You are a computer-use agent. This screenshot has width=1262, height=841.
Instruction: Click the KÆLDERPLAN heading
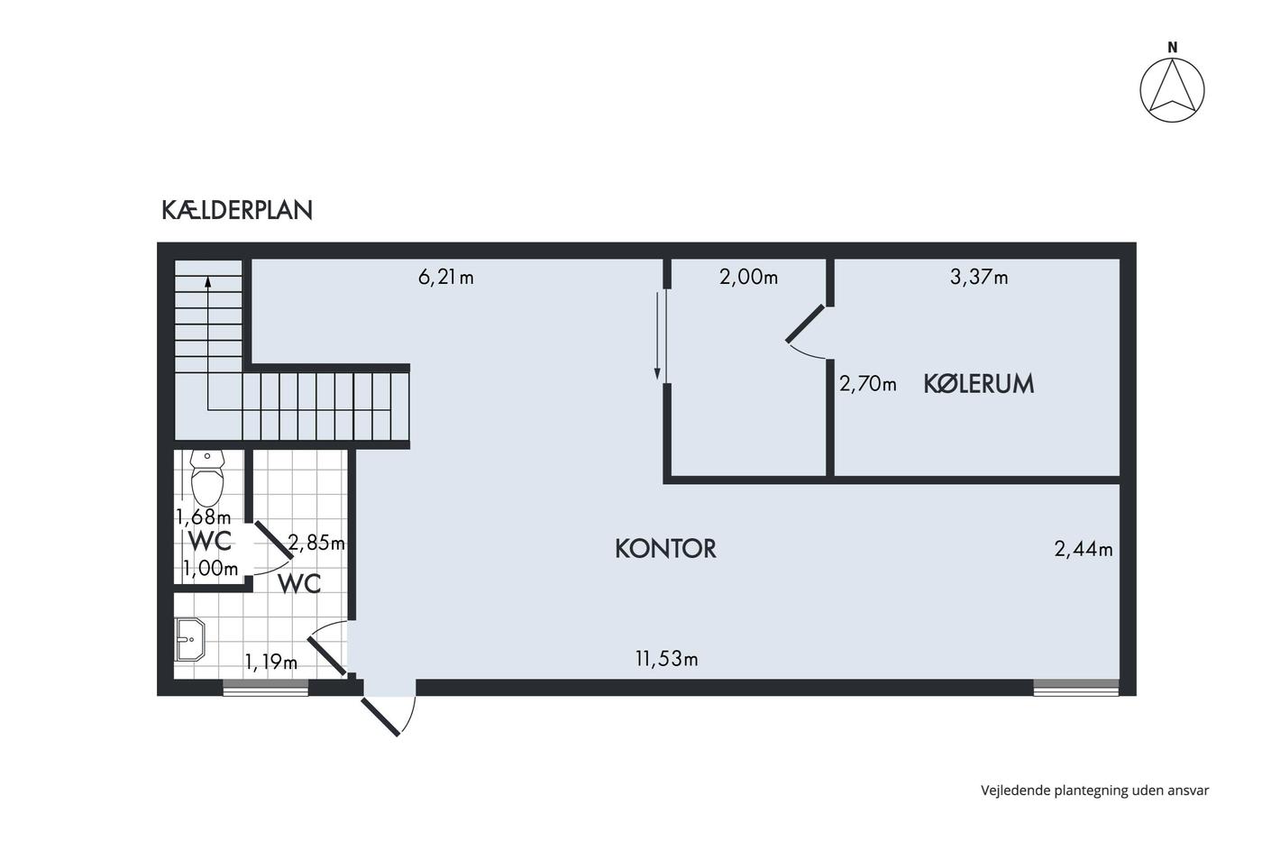coord(236,210)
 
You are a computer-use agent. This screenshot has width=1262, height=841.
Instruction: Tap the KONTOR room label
coord(665,549)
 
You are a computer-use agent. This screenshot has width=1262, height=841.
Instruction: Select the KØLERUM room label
coord(979,384)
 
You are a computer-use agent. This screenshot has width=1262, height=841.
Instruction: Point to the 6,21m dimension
coord(445,277)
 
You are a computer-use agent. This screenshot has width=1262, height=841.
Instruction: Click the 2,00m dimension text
coord(748,277)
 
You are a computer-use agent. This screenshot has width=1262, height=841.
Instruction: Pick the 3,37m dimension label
coord(979,277)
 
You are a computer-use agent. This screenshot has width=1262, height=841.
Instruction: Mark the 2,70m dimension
coord(867,384)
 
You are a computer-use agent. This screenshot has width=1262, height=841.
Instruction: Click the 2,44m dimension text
coord(1083,549)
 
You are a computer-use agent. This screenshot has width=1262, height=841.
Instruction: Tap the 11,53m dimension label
coord(666,658)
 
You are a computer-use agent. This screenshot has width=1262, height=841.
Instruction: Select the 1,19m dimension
coord(271,662)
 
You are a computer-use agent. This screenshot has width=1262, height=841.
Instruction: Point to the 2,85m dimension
coord(316,543)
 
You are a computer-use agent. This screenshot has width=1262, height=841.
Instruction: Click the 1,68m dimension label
coord(204,516)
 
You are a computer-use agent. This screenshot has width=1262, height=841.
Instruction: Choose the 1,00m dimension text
coord(210,569)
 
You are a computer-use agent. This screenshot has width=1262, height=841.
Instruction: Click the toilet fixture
coord(207,478)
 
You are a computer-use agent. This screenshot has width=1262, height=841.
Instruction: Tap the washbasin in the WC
coord(190,639)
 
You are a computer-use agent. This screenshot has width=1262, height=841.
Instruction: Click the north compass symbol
coord(1173,90)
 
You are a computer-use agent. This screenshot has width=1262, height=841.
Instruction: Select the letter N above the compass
coord(1173,49)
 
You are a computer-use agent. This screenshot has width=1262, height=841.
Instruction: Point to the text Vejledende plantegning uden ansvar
coord(1094,791)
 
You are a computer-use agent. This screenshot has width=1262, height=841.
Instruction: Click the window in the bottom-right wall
coord(1075,687)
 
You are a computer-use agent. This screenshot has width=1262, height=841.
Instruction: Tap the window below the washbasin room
coord(265,687)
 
